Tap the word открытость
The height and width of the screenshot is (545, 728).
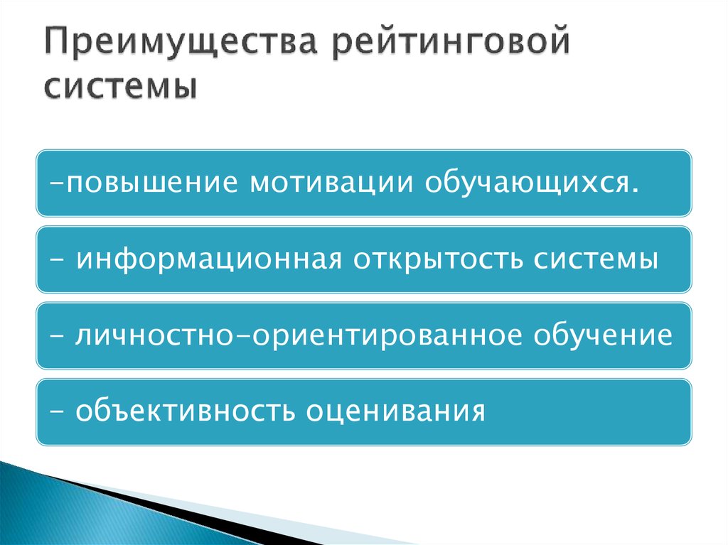432,259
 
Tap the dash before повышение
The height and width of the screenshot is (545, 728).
56,183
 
